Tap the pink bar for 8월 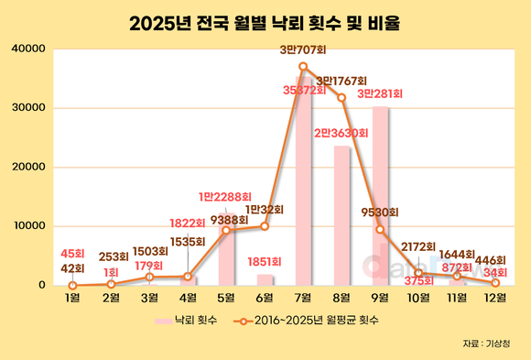[341, 215]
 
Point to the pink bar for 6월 [265, 279]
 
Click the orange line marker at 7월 [303, 66]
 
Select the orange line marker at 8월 [341, 97]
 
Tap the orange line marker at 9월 [380, 228]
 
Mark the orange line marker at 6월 [265, 225]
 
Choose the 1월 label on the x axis [72, 298]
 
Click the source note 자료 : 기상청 [484, 344]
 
